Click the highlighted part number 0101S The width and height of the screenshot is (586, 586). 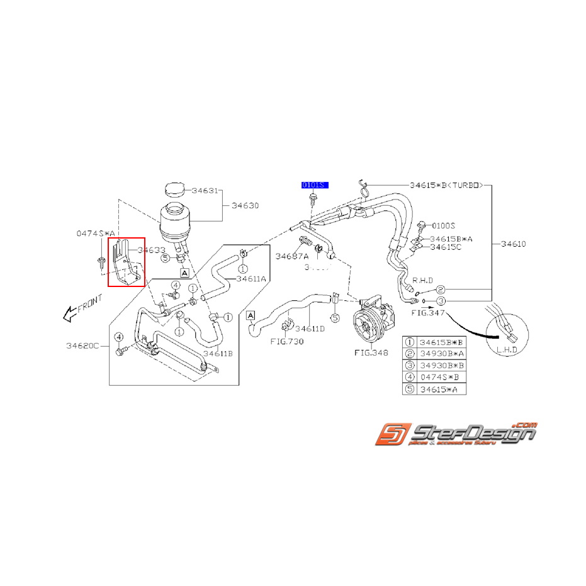point(313,185)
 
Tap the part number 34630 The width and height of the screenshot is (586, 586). point(245,206)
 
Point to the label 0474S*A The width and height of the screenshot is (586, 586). point(96,233)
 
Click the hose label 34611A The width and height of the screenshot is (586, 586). point(251,278)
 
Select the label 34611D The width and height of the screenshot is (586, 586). point(310,329)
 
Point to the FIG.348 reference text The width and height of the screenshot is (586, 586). point(371,353)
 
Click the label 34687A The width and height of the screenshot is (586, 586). point(292,256)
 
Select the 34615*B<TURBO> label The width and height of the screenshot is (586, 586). point(446,186)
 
